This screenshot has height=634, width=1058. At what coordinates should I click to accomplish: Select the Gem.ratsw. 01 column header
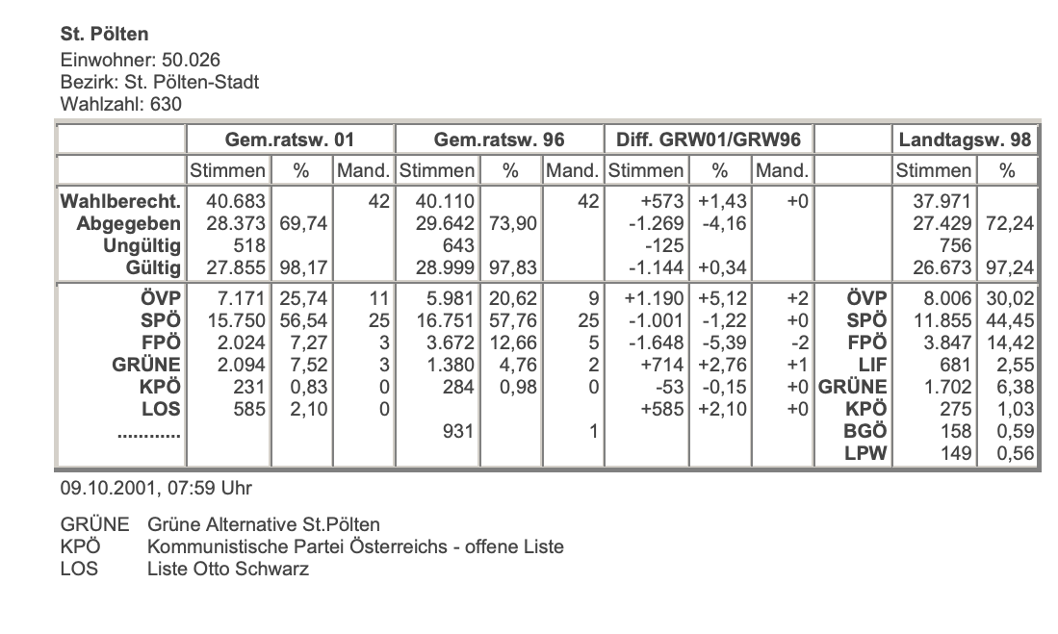pos(289,140)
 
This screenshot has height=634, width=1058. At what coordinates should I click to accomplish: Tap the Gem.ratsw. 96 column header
pos(499,140)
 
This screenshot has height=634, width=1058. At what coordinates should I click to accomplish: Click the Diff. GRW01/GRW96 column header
pos(709,140)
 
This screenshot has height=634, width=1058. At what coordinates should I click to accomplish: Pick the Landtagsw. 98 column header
pos(965,140)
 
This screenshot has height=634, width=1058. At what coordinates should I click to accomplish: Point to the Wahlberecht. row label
pos(120,202)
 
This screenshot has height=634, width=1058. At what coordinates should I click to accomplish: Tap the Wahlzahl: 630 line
pos(120,103)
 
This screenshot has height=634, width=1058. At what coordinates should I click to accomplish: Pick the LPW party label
pos(864,453)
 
